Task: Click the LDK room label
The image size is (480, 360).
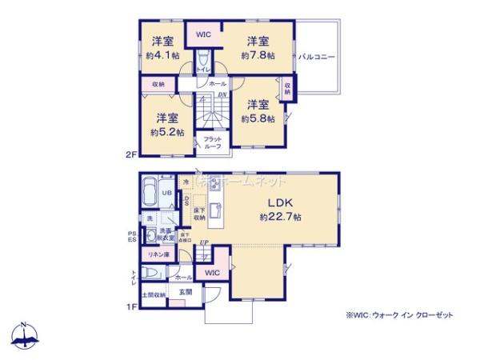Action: [x=278, y=202]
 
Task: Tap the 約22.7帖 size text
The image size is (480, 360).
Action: [x=279, y=217]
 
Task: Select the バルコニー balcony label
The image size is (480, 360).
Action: [x=317, y=58]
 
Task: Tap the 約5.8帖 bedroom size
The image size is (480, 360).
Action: [x=258, y=118]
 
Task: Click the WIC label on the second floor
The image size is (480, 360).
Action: [x=203, y=34]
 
